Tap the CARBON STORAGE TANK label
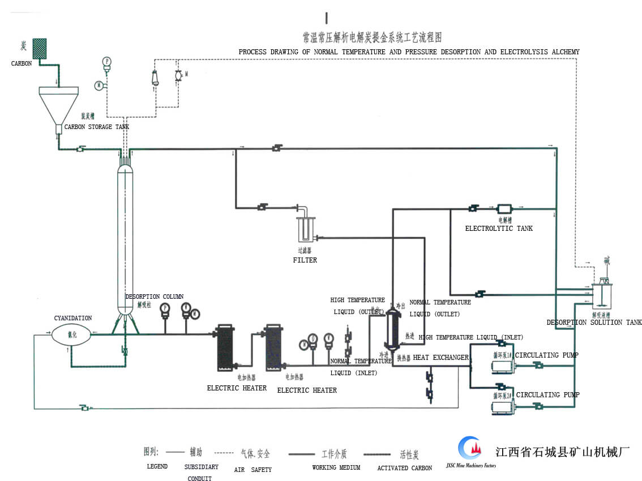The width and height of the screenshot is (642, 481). [x=96, y=127]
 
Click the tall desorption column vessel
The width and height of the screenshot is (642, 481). [x=125, y=238]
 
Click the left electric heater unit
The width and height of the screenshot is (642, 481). [x=225, y=347]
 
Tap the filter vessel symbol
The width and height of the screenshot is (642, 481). [x=305, y=229]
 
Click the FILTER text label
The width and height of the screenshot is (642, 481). [x=305, y=260]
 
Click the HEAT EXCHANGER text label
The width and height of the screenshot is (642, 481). [x=441, y=358]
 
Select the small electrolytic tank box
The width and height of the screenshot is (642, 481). [x=504, y=209]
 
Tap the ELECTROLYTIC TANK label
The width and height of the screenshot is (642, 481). [x=499, y=229]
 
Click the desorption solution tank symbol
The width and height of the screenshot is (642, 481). [x=604, y=294]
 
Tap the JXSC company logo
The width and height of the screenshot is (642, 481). [x=469, y=449]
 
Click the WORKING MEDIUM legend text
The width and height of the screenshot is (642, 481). [x=336, y=468]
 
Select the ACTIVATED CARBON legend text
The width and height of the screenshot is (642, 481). [x=404, y=468]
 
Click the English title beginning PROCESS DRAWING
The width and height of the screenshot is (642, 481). [x=409, y=52]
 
